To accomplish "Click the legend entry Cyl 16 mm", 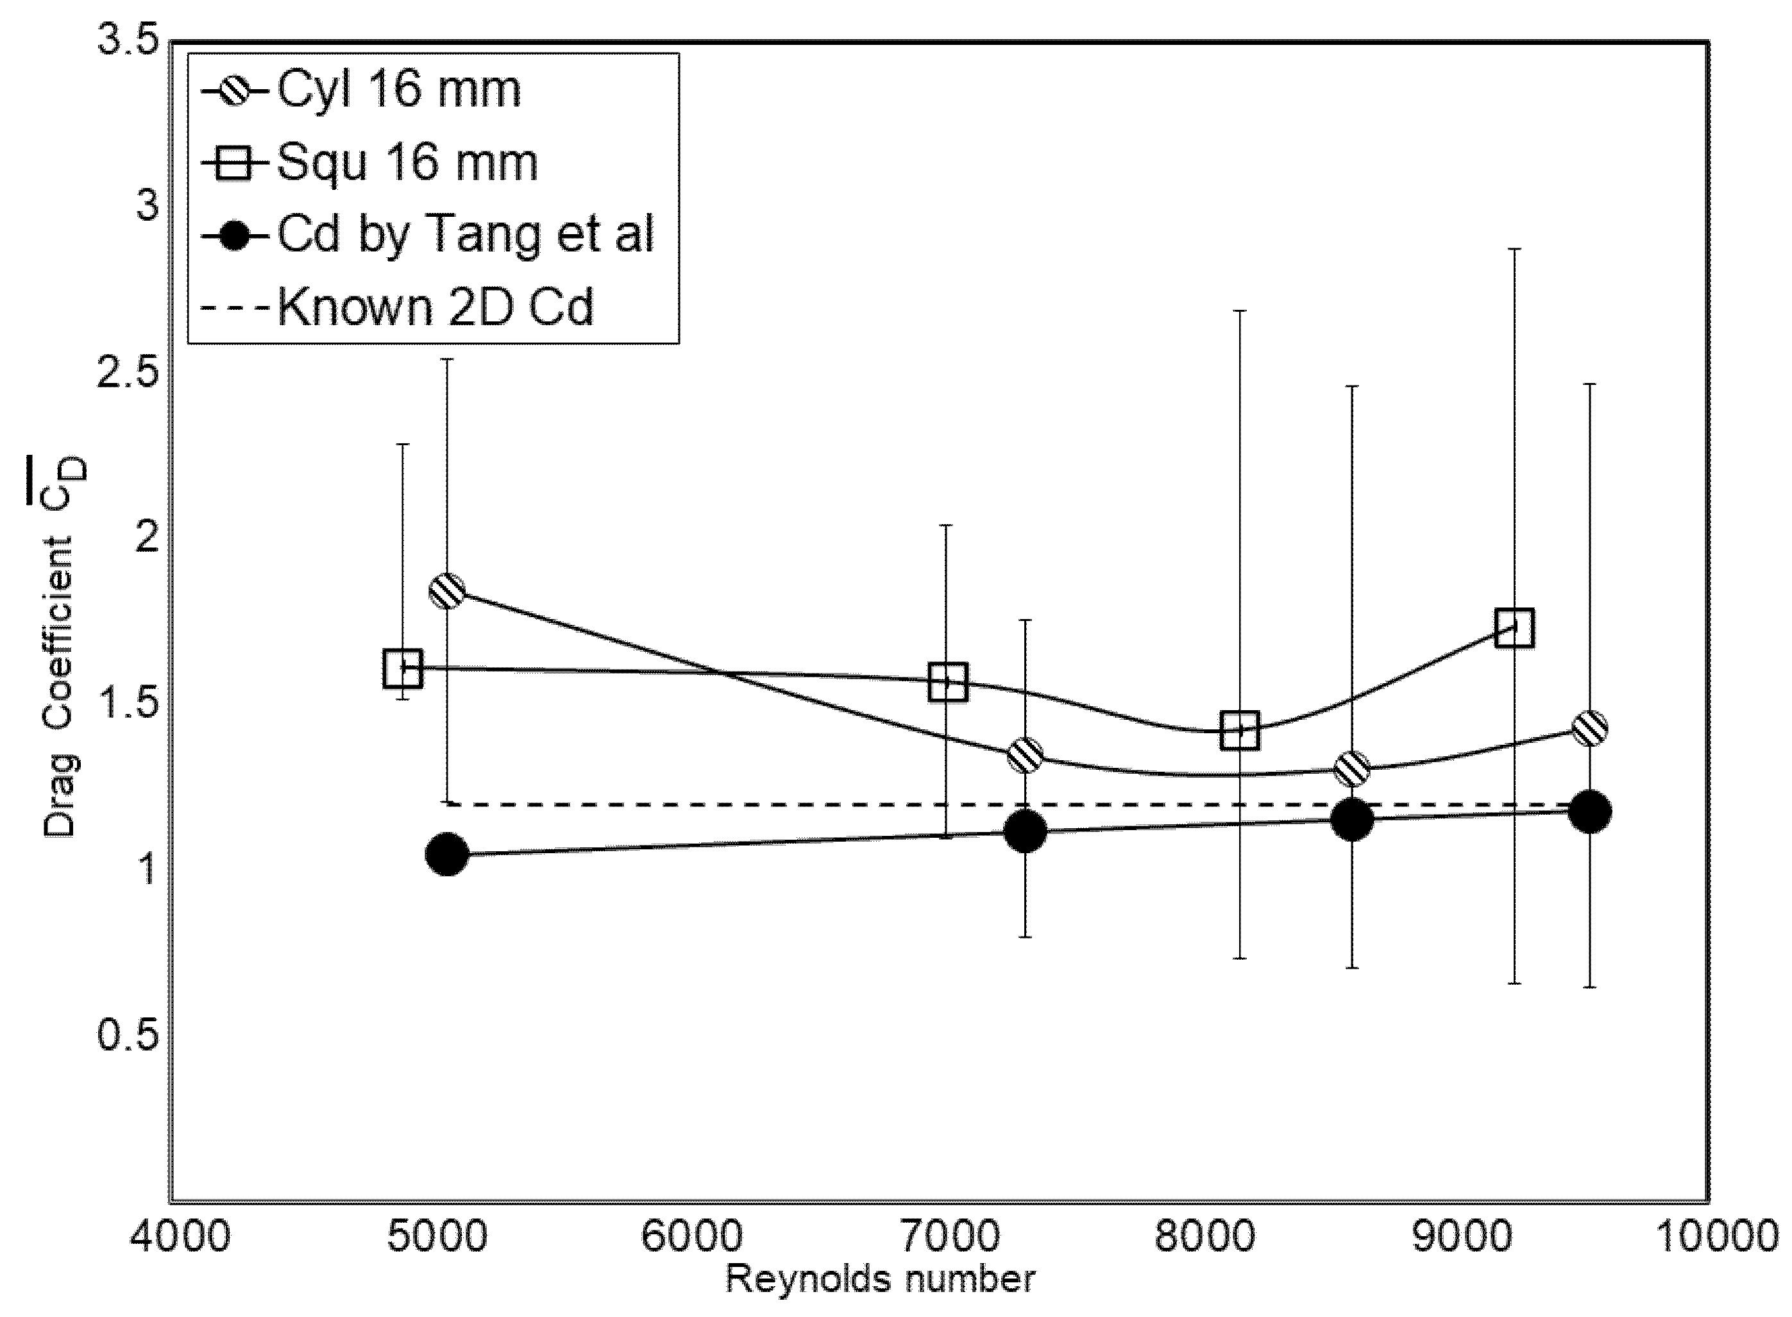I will pos(398,89).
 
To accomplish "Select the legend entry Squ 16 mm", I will pos(407,163).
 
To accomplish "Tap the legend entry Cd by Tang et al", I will pos(466,235).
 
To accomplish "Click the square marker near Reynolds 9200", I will pos(1514,628).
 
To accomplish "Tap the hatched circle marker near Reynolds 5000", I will pos(447,591).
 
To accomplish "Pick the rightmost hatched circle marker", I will pos(1589,729).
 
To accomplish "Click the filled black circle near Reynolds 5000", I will pos(447,854).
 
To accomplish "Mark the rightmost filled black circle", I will pos(1589,812).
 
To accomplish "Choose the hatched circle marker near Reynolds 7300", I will pos(1025,754).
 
